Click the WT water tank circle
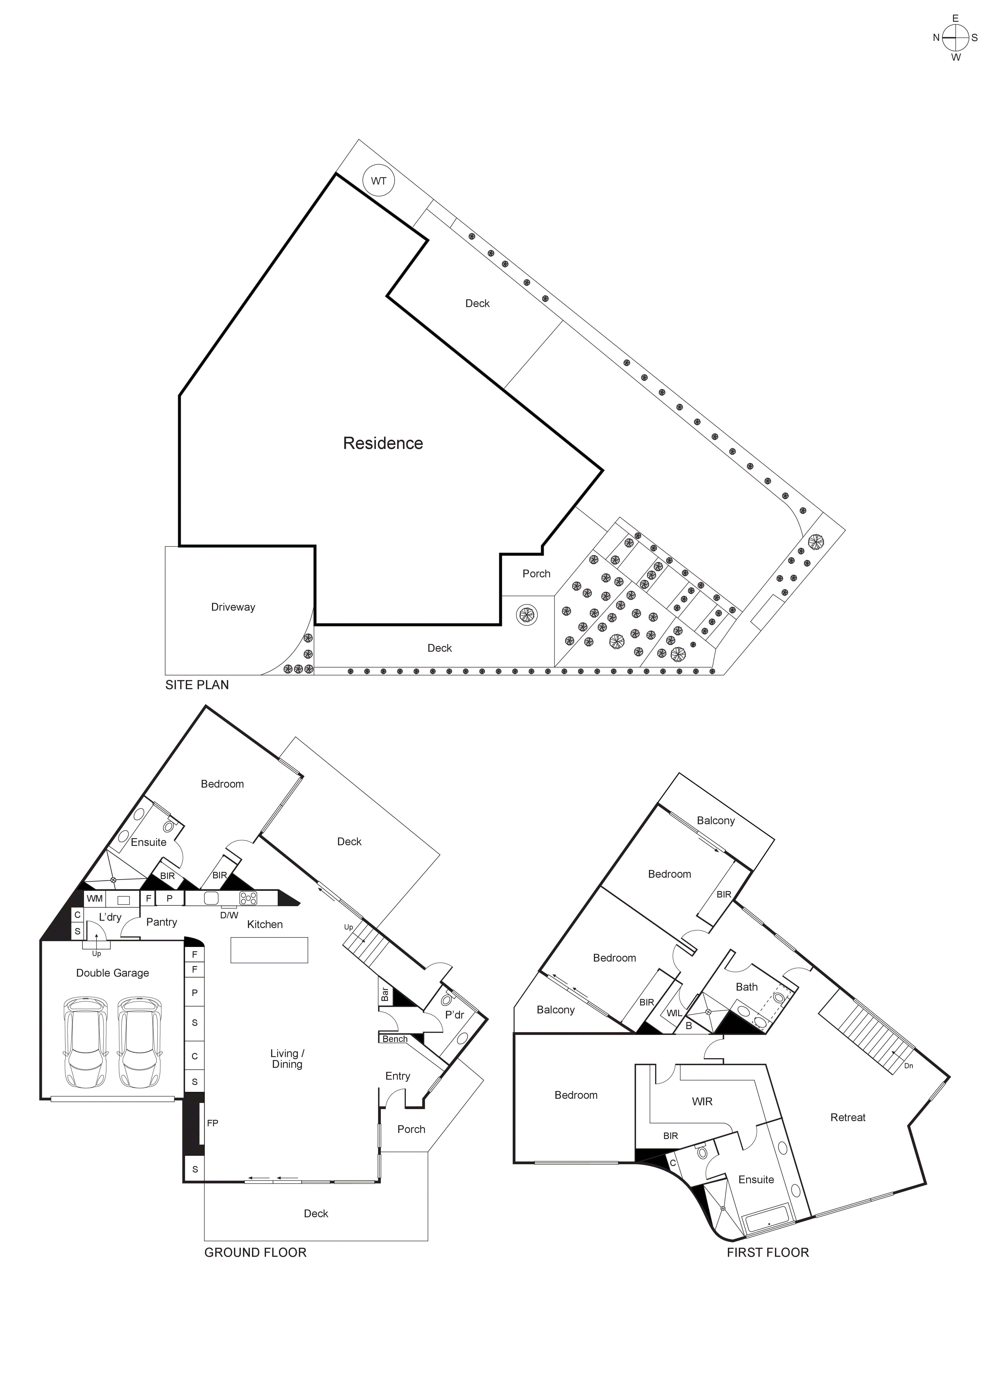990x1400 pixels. (x=379, y=181)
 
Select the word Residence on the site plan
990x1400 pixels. (x=383, y=443)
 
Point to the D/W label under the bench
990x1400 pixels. (x=229, y=915)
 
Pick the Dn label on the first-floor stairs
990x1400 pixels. (x=908, y=1066)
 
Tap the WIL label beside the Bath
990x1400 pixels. (x=674, y=1013)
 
